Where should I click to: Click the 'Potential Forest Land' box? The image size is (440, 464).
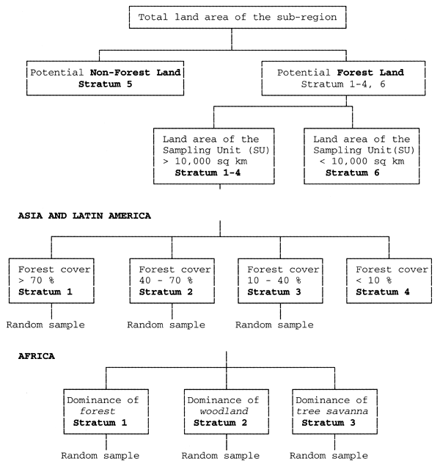pyautogui.click(x=340, y=79)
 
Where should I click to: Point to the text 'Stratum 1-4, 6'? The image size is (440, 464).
pyautogui.click(x=340, y=85)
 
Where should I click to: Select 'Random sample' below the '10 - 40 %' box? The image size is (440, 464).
pyautogui.click(x=274, y=324)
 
